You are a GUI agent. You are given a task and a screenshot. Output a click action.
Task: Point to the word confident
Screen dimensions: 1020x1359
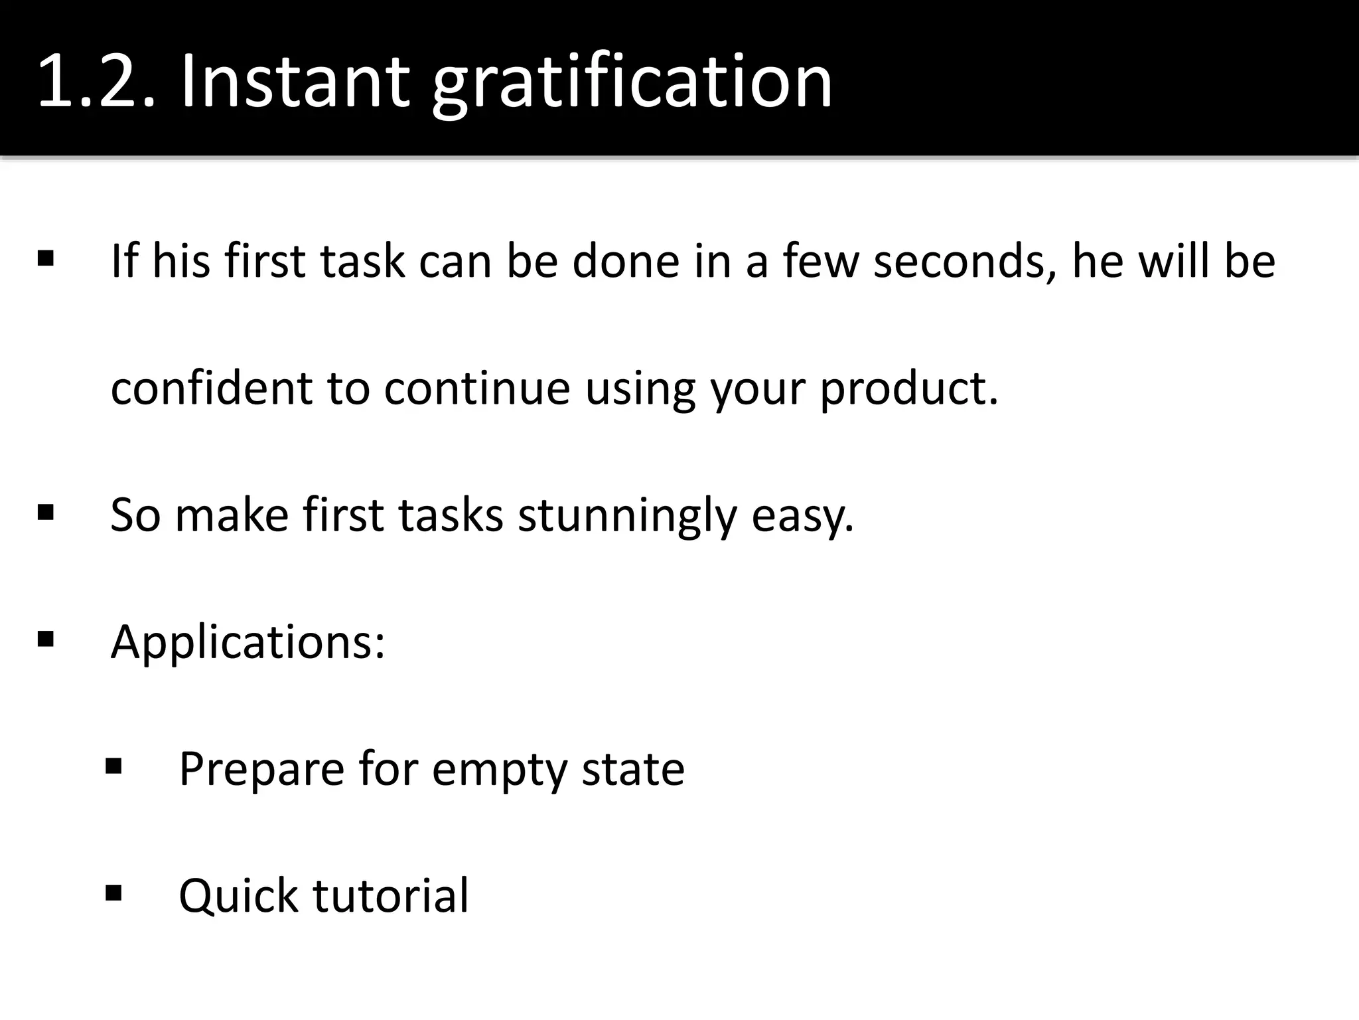(x=211, y=388)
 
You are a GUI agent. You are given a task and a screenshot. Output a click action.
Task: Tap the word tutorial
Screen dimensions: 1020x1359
(x=391, y=895)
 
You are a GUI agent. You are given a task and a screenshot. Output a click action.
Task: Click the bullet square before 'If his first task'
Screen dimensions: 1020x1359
(x=46, y=258)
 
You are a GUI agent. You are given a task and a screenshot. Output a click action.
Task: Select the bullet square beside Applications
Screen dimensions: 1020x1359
(x=46, y=639)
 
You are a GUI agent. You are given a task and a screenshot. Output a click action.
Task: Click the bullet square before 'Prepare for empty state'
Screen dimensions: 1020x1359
(x=113, y=767)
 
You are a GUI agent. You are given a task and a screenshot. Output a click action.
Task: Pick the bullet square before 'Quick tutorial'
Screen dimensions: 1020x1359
(x=113, y=893)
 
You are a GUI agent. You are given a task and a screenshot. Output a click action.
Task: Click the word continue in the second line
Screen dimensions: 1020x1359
(x=476, y=388)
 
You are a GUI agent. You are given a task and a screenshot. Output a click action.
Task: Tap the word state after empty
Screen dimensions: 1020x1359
(x=633, y=769)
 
